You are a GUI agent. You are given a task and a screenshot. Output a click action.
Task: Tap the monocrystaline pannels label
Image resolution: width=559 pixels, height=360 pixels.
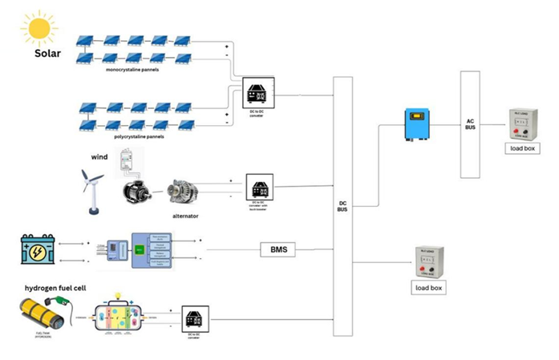click(x=132, y=70)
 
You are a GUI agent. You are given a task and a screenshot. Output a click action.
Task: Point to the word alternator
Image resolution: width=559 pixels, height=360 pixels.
click(x=186, y=216)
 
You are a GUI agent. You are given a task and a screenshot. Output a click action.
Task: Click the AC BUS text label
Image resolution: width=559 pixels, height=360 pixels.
click(x=470, y=124)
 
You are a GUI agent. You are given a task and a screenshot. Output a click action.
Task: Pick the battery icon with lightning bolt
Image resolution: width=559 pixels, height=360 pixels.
click(x=38, y=249)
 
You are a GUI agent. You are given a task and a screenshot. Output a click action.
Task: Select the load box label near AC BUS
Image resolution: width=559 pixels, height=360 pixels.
click(x=520, y=148)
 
